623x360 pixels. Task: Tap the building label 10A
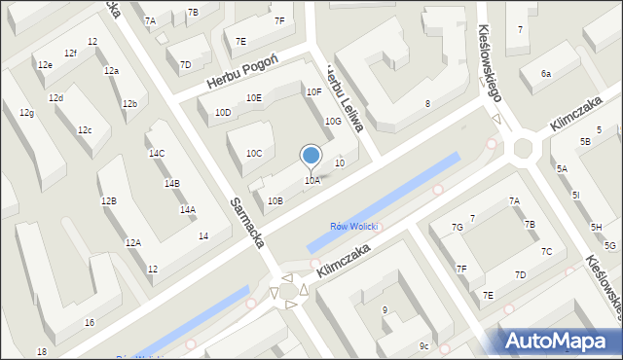[311, 180]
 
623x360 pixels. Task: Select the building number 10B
[275, 201]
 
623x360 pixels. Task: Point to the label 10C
[254, 153]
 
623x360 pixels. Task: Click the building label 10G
[333, 121]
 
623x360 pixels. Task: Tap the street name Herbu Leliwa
[345, 98]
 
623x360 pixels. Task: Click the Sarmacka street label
[248, 222]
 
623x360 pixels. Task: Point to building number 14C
[157, 154]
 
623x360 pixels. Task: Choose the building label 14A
[187, 209]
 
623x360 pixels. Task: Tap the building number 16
[90, 322]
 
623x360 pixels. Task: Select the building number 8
[427, 103]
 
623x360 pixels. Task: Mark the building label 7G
[457, 227]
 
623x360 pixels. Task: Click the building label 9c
[423, 345]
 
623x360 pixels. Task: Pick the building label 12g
[26, 114]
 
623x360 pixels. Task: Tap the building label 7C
[546, 251]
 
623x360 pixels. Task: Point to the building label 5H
[596, 227]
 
